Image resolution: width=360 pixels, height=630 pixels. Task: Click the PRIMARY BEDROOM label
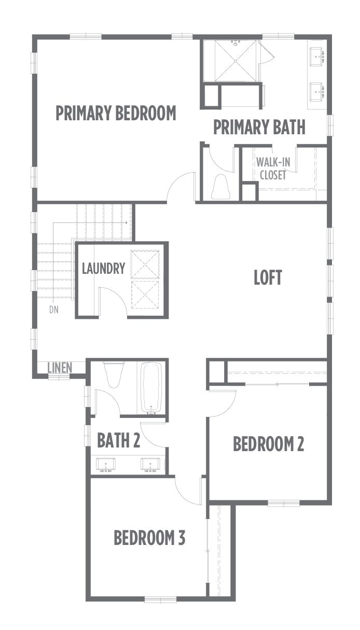click(116, 113)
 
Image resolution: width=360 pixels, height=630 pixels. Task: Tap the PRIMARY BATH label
click(259, 127)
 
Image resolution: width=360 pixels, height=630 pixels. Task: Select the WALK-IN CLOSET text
click(273, 169)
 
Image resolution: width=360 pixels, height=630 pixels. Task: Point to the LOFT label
click(268, 277)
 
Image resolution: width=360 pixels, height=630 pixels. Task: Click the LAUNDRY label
click(103, 268)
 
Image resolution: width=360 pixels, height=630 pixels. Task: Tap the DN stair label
click(54, 310)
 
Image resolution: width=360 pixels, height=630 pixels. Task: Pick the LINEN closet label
click(60, 368)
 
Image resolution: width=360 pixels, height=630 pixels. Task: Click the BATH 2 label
click(118, 440)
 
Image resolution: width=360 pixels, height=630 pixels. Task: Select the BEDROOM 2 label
click(268, 444)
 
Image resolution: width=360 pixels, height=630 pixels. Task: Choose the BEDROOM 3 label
click(149, 538)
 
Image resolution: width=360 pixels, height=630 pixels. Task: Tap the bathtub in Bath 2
click(151, 388)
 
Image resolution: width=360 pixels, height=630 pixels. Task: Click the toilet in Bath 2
click(114, 374)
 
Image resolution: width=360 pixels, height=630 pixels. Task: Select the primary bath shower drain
click(236, 61)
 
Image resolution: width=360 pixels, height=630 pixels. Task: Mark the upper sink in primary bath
click(317, 57)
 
